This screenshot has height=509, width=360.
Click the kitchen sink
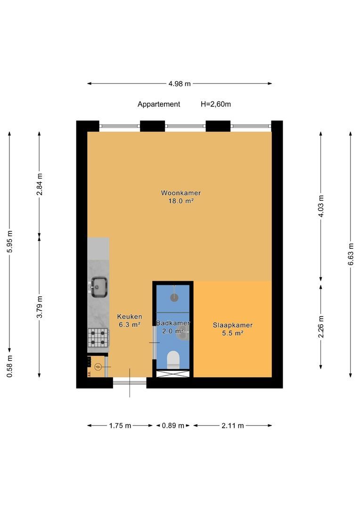(98, 287)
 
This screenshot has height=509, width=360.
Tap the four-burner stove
(98, 337)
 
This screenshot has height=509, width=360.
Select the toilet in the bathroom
(173, 359)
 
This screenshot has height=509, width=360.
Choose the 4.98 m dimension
(180, 84)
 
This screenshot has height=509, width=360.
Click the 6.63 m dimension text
(351, 254)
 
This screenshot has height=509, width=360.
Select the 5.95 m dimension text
(9, 241)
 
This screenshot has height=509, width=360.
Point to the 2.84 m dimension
(39, 184)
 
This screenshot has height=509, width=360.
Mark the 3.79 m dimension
(39, 307)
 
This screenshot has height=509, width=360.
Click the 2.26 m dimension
(321, 327)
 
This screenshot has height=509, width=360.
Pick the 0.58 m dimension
(9, 366)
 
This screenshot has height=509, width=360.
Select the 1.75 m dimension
(120, 426)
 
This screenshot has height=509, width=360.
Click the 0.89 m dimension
(173, 426)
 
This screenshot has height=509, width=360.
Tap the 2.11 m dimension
(233, 426)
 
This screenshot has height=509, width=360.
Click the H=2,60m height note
(216, 104)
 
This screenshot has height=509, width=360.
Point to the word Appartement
(159, 104)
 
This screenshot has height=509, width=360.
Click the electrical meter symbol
(98, 367)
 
